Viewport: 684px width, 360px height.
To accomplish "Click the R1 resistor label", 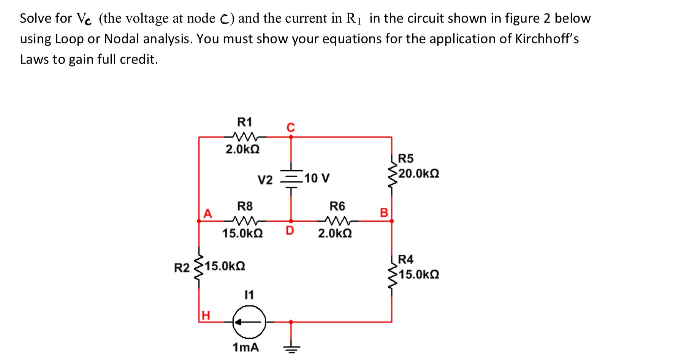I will click(x=244, y=122).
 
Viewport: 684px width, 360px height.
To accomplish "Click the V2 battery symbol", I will click(x=291, y=178).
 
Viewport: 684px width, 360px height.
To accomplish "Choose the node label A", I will click(x=207, y=213).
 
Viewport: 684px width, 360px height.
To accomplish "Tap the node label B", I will click(x=384, y=213).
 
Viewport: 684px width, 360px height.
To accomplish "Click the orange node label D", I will click(x=290, y=231).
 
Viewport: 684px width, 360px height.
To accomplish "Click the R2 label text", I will click(x=181, y=268).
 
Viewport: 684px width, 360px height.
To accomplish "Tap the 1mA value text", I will click(x=245, y=347).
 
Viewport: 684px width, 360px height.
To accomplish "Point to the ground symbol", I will click(x=291, y=347).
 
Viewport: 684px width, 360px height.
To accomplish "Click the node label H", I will click(x=205, y=315).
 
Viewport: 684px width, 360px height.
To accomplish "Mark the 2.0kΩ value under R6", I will click(x=335, y=233).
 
